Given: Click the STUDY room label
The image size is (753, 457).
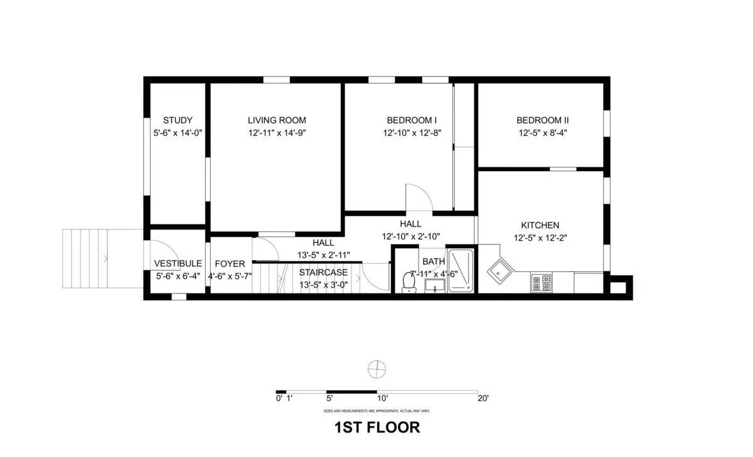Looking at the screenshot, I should click(x=178, y=120).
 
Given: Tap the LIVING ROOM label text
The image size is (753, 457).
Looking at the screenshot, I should click(x=277, y=120).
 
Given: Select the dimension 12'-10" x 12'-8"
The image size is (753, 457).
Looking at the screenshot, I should click(x=412, y=133).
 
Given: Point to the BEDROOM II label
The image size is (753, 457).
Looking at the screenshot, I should click(x=543, y=120).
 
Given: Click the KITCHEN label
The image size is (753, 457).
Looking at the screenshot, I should click(x=540, y=225).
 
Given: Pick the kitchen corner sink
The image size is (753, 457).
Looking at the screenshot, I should click(x=501, y=271).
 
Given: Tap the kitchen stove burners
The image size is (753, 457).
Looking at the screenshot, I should click(x=541, y=283).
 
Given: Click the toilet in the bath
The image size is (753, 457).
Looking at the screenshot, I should click(x=409, y=283).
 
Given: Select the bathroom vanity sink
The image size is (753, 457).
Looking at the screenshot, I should click(x=434, y=286).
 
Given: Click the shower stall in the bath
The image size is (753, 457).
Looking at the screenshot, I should click(x=462, y=271).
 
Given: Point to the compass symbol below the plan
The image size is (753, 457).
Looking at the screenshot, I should click(x=376, y=369).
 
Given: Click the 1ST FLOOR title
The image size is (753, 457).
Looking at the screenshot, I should click(x=376, y=428).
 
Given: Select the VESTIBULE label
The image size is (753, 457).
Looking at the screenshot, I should click(x=178, y=264).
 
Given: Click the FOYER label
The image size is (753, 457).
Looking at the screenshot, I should click(x=230, y=264).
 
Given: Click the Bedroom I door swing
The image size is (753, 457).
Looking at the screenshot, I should click(x=418, y=197).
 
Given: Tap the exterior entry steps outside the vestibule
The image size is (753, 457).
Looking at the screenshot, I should click(x=94, y=258).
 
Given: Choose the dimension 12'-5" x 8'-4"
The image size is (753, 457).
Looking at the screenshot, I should click(x=543, y=133).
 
